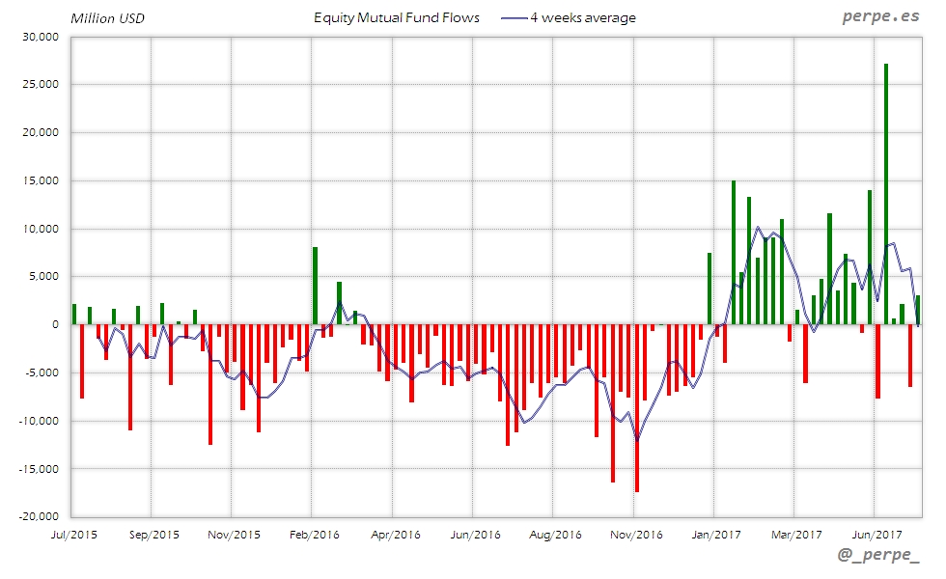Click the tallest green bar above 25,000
886,193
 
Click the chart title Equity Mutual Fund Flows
397,18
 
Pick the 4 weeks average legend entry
570,18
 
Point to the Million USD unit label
108,18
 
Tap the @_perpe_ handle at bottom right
878,557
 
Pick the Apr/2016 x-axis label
394,533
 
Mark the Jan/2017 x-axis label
714,533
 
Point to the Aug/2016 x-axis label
555,533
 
